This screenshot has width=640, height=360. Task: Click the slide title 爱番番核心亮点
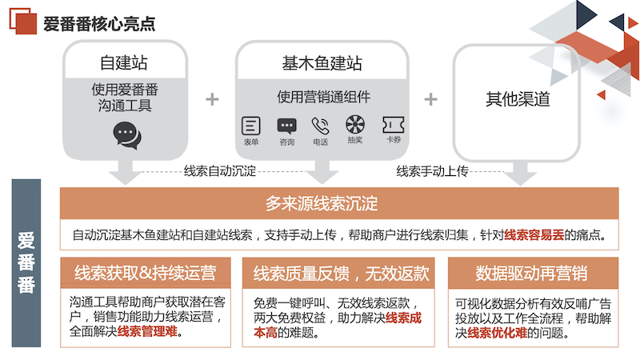99,24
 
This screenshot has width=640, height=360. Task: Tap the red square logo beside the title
23,21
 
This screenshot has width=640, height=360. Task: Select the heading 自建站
124,62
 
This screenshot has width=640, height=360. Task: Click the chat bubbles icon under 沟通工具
127,135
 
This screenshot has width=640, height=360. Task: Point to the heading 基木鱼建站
322,63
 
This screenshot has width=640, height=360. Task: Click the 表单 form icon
251,126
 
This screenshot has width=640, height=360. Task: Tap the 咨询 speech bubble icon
287,126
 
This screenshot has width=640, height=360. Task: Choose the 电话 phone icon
321,126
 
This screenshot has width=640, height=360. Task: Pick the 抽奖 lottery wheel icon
355,124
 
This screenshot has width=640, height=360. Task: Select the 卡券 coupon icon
394,125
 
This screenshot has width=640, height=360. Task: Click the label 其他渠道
518,99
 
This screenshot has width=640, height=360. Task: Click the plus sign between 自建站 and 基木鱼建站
212,99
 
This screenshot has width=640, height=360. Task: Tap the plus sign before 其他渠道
431,99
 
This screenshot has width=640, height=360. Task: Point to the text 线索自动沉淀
219,170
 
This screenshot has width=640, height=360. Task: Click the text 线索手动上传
432,171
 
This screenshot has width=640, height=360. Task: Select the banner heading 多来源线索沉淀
322,203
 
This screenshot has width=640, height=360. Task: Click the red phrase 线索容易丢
534,234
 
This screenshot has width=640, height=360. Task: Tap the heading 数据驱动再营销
531,273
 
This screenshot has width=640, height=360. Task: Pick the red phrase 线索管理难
147,331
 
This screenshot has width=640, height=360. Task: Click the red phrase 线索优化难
497,333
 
